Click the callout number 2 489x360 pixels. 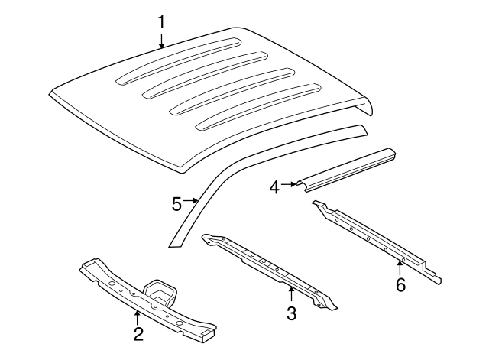pos(138,333)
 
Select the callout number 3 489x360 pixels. pos(290,313)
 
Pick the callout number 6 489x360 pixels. pos(400,285)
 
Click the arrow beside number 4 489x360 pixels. pos(290,184)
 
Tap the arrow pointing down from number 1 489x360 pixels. pos(161,41)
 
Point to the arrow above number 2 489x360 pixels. pos(138,315)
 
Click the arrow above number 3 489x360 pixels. pos(290,294)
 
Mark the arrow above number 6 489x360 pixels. pos(400,268)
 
